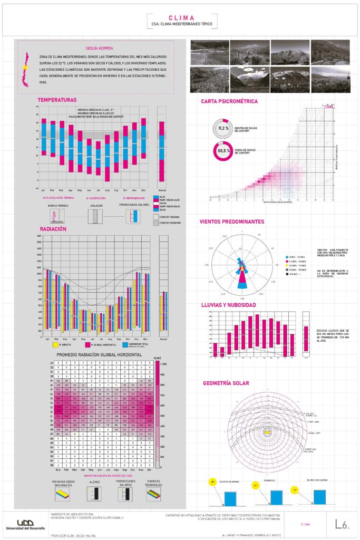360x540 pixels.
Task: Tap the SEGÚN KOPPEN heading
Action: tap(103, 47)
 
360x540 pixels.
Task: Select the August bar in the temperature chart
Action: tap(107, 158)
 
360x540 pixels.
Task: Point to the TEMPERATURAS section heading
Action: tap(57, 100)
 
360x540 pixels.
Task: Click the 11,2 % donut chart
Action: tap(223, 129)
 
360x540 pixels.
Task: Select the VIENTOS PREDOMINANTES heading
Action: tap(232, 221)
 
